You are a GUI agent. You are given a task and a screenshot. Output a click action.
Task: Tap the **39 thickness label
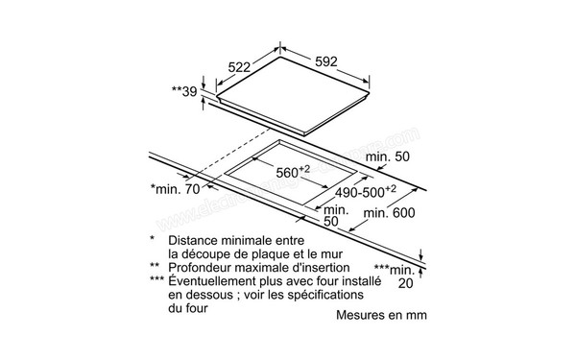[186, 92]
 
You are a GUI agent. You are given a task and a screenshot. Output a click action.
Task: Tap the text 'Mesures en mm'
[382, 315]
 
